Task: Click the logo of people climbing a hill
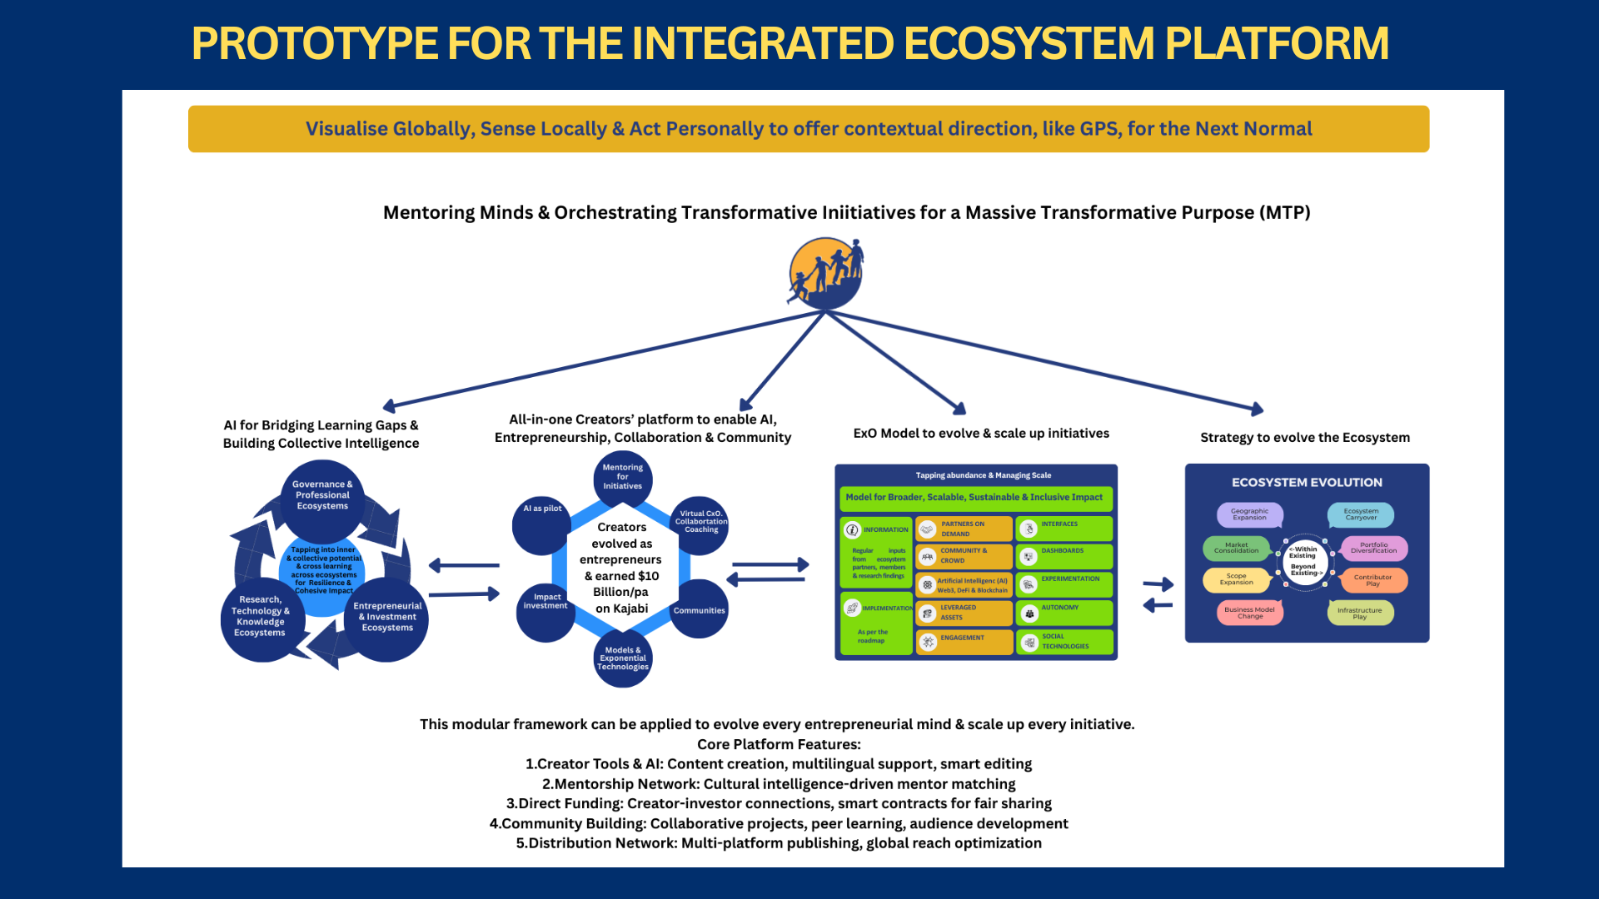point(825,273)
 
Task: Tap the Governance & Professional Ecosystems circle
point(322,496)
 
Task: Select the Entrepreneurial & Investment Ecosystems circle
point(386,618)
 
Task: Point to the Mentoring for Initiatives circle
point(622,478)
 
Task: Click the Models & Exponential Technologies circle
point(622,659)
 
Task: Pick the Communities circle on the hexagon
point(699,610)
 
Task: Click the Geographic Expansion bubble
point(1249,514)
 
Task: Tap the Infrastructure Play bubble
point(1359,613)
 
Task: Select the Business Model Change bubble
point(1249,613)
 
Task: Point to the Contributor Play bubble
point(1372,580)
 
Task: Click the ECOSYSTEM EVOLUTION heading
point(1307,483)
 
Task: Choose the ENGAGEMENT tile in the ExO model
point(964,641)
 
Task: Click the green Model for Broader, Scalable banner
point(974,498)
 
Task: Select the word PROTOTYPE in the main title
point(314,43)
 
